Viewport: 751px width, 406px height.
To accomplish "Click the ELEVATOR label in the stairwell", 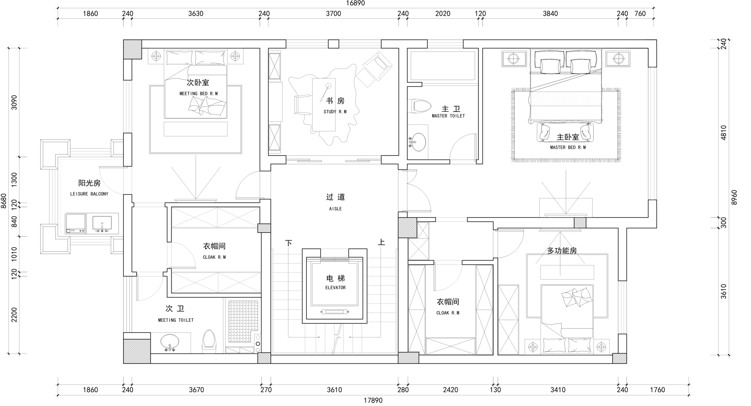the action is (335, 288).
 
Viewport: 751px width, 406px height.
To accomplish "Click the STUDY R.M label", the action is (335, 112).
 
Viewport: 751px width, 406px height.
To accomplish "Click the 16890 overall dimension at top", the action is (355, 3).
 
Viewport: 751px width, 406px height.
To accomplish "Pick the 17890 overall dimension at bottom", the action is (373, 400).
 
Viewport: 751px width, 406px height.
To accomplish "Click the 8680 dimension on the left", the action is (3, 201).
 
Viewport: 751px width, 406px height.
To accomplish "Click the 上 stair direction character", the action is (381, 242).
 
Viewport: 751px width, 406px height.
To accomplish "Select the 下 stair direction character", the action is (289, 243).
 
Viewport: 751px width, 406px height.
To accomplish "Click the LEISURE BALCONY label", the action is (89, 194).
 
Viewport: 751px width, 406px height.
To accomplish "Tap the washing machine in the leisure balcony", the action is (75, 223).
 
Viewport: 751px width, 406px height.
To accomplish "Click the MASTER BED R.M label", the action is (568, 147).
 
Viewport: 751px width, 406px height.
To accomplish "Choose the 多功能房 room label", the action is (562, 251).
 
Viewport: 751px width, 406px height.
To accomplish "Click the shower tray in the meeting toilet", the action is (243, 321).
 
